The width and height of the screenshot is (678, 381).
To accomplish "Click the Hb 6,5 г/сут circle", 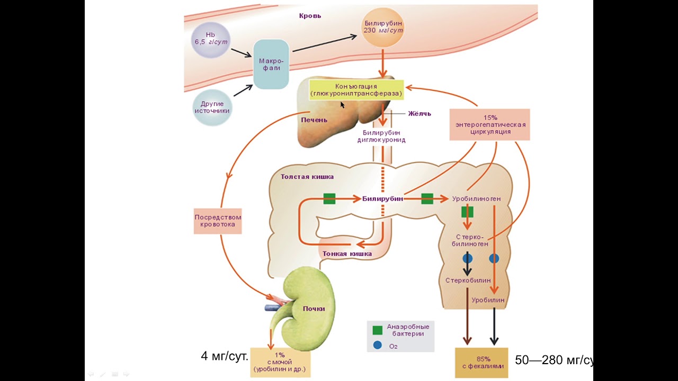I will (211, 39).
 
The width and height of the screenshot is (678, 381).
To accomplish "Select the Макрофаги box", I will (271, 65).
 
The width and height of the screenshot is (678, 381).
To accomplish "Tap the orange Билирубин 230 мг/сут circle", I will (383, 27).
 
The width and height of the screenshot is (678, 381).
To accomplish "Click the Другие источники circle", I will (212, 107).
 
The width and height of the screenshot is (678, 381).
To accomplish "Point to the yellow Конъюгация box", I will (356, 90).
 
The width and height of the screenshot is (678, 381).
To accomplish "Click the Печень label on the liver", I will (314, 120).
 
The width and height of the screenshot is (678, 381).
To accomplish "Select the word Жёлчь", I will (420, 113).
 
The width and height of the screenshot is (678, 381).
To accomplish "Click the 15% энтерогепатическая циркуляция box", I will (490, 124).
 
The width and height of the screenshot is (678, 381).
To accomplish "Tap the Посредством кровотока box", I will (218, 221).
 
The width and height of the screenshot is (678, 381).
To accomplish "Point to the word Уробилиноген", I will (476, 199).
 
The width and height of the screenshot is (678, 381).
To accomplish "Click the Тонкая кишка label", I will (347, 253).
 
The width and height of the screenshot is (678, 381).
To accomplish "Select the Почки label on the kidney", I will (314, 309).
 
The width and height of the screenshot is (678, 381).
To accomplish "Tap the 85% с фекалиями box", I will (481, 362).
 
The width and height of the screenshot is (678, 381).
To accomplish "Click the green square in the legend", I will (377, 330).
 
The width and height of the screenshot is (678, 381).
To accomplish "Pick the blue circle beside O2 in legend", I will (377, 345).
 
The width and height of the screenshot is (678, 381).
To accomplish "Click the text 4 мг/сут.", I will (225, 356).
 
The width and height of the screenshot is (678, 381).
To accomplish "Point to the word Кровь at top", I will (310, 16).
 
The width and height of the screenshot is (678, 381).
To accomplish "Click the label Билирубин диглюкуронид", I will (384, 137).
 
